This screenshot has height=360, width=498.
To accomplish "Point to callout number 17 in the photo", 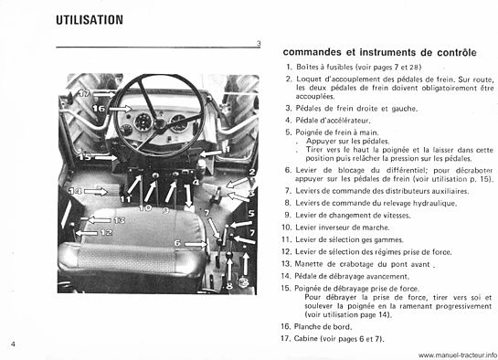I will [83, 93].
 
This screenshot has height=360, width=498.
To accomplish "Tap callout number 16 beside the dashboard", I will [98, 109].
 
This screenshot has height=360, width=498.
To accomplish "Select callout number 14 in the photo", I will [77, 190].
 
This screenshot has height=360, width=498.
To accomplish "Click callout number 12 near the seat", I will [106, 232].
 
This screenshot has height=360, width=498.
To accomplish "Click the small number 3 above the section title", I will [259, 44].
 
